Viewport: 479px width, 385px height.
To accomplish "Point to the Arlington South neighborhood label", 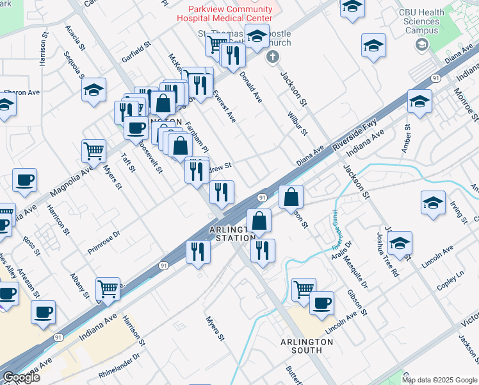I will (306, 346).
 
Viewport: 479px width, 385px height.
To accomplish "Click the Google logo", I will (21, 377).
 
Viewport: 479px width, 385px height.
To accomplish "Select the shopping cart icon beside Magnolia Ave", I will (93, 151).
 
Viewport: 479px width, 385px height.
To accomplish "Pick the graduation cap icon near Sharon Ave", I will (94, 90).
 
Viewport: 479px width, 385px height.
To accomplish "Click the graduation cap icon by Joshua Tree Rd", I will (400, 243).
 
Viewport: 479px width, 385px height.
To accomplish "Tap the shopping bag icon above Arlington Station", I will (259, 221).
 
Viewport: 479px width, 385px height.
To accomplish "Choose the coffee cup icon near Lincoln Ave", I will (321, 302).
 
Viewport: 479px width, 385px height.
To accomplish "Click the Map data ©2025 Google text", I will (439, 380).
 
